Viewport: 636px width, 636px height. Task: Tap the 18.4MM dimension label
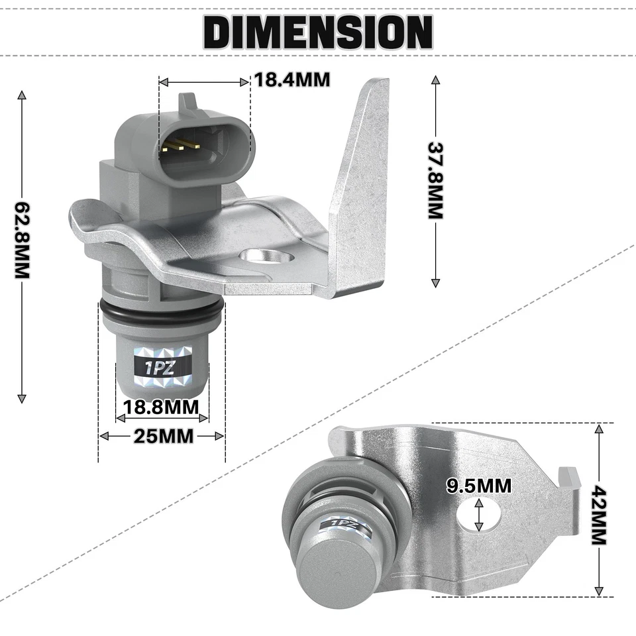coord(292,81)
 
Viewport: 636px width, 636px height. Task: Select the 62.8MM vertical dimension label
coord(22,240)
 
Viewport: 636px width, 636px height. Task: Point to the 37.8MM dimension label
coord(435,180)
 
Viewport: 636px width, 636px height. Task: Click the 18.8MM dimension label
coord(162,406)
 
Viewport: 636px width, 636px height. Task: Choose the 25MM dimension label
coord(162,436)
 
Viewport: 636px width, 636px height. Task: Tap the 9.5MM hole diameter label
coord(479,486)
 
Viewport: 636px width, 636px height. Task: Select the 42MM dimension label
coord(599,515)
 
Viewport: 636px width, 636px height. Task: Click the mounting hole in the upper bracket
coord(265,256)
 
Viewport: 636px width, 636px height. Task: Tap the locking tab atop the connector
coord(188,101)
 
